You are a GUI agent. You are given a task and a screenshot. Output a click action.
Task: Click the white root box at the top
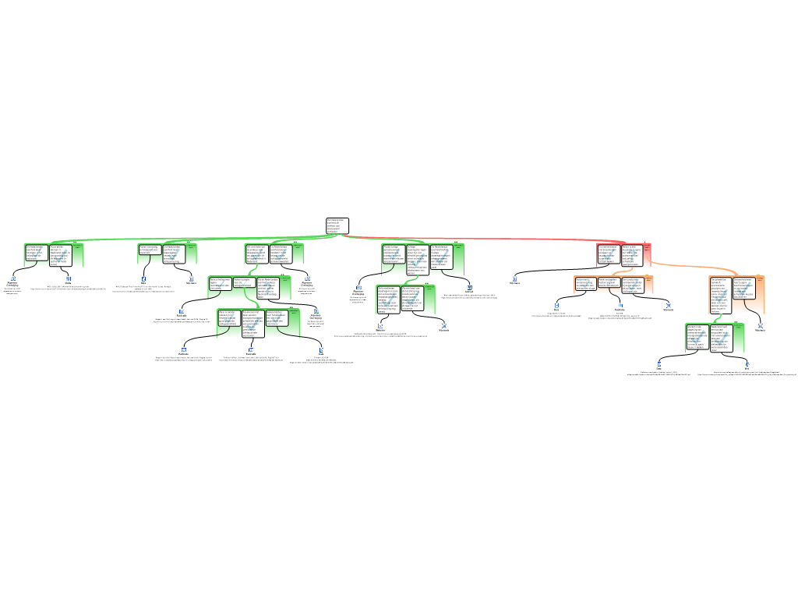point(337,225)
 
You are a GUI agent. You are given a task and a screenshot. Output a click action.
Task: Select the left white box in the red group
point(609,254)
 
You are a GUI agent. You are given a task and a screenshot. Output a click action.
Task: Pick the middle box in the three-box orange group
point(609,283)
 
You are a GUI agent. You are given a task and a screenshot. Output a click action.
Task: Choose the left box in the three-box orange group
point(586,283)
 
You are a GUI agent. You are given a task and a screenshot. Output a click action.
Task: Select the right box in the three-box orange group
point(633,284)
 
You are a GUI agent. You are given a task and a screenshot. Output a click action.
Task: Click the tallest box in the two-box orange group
point(721,294)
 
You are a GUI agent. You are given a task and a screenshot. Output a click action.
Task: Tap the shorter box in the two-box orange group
point(744,288)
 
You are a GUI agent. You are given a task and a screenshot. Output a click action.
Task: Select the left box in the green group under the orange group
point(697,336)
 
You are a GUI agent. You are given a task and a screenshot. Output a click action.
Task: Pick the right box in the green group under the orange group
point(721,338)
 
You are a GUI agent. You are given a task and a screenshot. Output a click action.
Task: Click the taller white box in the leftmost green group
point(61,256)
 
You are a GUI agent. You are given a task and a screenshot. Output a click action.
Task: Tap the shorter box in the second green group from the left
point(150,249)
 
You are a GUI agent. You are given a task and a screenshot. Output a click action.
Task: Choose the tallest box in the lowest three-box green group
point(252,322)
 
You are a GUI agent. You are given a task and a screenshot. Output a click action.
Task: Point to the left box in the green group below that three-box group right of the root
point(389,299)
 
